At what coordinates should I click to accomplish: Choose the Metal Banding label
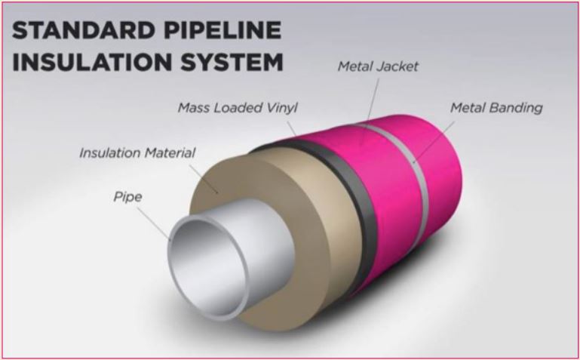click(496, 108)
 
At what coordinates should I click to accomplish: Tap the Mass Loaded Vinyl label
click(238, 108)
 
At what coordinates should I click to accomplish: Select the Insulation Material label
click(137, 153)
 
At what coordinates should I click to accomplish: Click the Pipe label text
click(127, 198)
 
